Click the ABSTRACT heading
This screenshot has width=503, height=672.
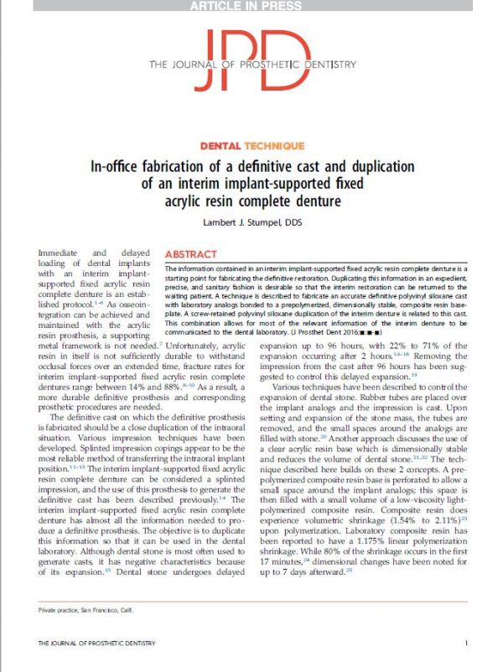coord(192,253)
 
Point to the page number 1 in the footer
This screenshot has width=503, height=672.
coord(466,643)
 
